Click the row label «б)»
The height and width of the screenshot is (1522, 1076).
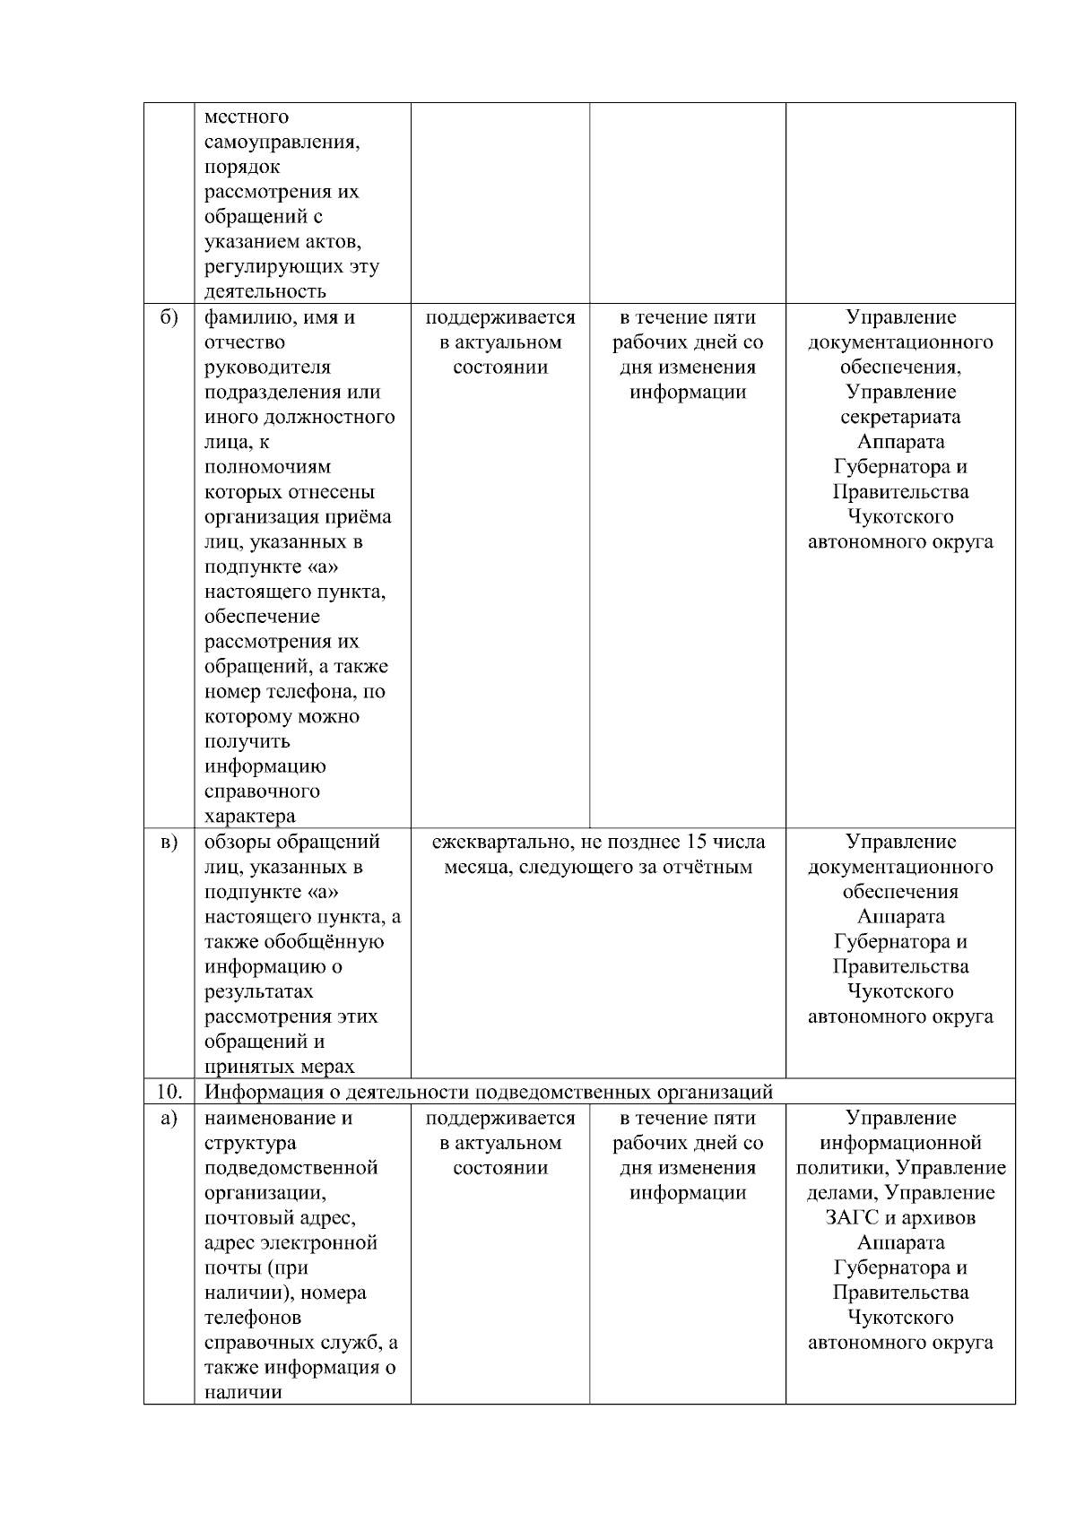pos(169,317)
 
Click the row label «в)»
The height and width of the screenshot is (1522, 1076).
pos(169,842)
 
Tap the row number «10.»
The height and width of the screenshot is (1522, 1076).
pos(169,1092)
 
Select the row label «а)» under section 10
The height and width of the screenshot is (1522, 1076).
pos(169,1118)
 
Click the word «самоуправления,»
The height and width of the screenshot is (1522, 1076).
pos(282,142)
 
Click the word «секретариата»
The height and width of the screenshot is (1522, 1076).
pos(900,417)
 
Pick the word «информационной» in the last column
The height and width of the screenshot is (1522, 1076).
pos(900,1143)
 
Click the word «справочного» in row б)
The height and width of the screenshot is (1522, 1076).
pos(262,791)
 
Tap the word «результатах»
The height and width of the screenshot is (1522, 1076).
pos(259,991)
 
